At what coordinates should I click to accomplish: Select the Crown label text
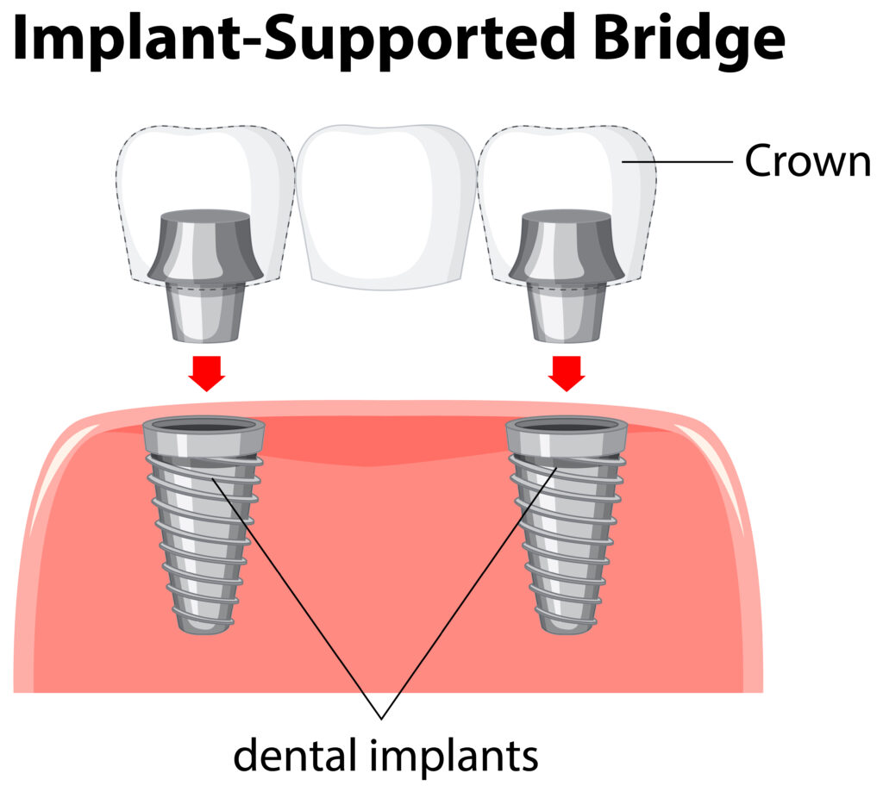coord(808,160)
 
